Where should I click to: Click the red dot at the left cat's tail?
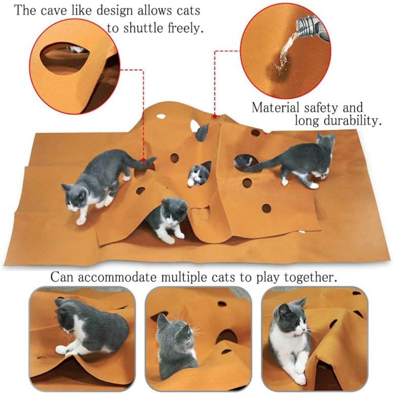143,160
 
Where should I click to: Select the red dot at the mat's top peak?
215,116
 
